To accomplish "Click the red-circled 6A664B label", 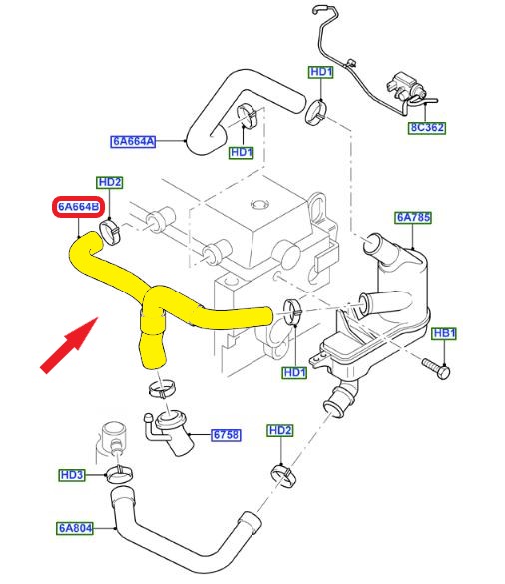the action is [x=78, y=207].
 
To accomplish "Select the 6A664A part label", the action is [x=133, y=141].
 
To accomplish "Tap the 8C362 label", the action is [x=427, y=128].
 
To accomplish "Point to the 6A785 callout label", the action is [x=413, y=217].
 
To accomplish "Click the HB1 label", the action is [x=444, y=333].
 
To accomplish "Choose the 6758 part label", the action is [x=226, y=434].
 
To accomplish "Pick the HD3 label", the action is [x=72, y=475].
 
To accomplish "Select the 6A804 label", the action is [x=75, y=528].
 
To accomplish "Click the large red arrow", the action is [x=69, y=344].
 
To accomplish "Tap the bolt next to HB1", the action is [x=436, y=368].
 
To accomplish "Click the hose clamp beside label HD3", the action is [x=119, y=474].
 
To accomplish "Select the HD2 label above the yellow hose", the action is [x=110, y=182].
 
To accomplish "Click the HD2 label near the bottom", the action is [x=280, y=431].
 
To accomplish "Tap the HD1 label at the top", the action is [x=321, y=72].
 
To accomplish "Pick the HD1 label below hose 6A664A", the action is [x=242, y=153].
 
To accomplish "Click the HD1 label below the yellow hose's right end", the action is [x=294, y=372].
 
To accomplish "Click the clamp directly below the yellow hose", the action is [x=162, y=389].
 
